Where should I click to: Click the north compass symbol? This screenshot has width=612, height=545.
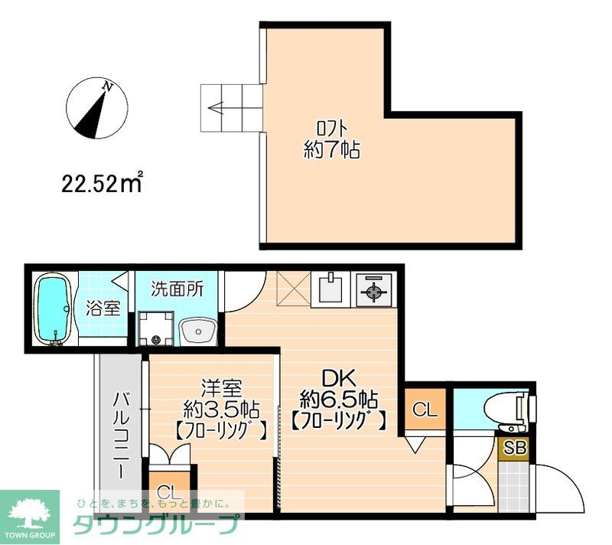[96, 108]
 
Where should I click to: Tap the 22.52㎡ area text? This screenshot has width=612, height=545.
[103, 184]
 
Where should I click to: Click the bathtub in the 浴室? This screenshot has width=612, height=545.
[55, 308]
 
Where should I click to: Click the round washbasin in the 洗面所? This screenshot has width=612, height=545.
[198, 332]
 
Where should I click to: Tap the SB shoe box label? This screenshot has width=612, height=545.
[513, 448]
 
